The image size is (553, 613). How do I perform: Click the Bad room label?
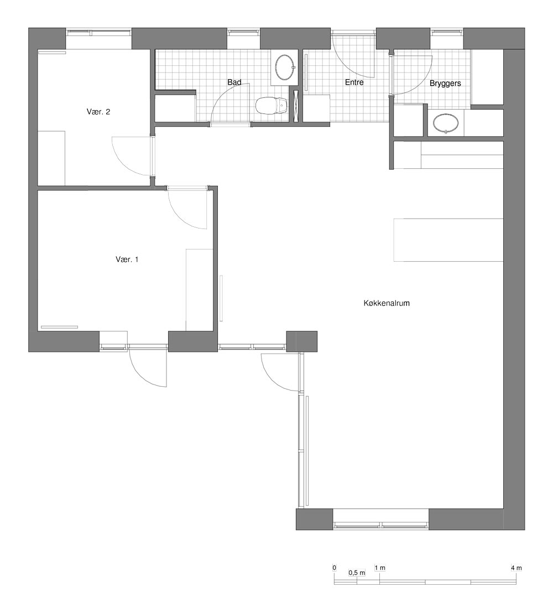point(234,82)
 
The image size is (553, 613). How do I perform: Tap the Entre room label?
point(354,82)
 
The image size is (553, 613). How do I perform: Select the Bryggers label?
point(445,84)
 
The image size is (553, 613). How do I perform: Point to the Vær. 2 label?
point(98,112)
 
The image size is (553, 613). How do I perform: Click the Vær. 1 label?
point(127,259)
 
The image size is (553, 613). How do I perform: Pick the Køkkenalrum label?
point(387,303)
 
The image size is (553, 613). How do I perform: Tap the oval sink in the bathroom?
point(285,67)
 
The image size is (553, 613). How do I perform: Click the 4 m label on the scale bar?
point(516,568)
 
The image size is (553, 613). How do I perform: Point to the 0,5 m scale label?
point(357,573)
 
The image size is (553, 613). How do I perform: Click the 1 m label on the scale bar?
point(380,568)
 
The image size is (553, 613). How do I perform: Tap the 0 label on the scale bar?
point(334,568)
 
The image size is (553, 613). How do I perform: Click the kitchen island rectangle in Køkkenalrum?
point(448,240)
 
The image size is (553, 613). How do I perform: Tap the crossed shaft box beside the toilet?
point(295,105)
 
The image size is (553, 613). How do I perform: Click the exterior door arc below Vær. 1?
point(140,375)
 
